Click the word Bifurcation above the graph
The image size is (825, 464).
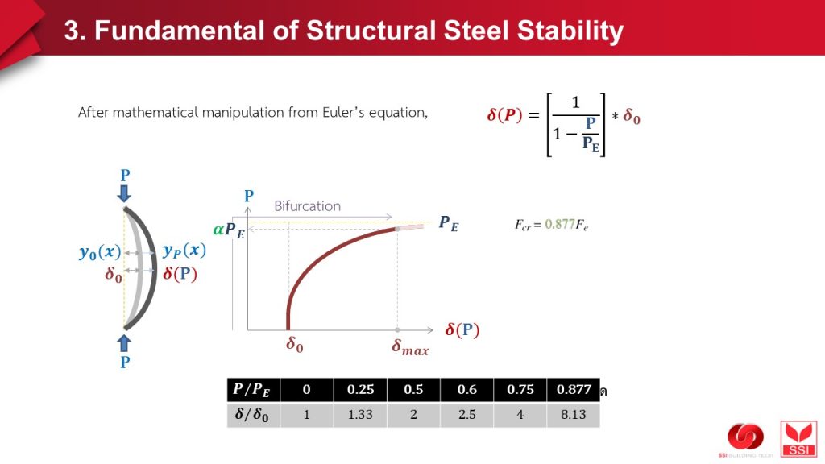(x=307, y=206)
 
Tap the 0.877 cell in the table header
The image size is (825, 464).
(x=574, y=390)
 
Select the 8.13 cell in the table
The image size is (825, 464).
(x=574, y=415)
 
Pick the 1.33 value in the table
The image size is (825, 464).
(x=360, y=415)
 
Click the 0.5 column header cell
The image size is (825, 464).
(x=413, y=390)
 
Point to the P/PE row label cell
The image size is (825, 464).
(x=254, y=390)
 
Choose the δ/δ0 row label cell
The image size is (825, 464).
(x=254, y=415)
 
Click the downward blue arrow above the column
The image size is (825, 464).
(x=124, y=193)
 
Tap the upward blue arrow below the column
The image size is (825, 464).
(x=124, y=343)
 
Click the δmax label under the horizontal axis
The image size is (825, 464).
(x=410, y=348)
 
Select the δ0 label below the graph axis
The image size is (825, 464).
(x=295, y=345)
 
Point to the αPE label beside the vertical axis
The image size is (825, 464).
(x=229, y=230)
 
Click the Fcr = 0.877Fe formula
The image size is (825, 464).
(x=551, y=226)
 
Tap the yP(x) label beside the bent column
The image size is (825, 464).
(x=184, y=251)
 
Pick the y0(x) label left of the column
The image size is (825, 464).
(x=100, y=252)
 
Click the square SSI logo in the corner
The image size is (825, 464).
(x=798, y=439)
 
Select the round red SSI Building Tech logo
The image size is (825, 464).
(x=745, y=437)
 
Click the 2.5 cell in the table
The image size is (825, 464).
(x=466, y=415)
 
